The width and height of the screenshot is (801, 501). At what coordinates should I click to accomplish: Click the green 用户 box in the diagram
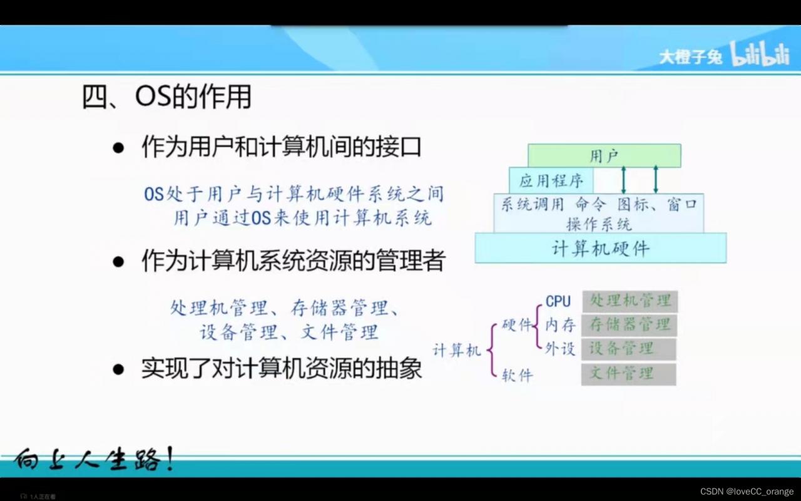coord(604,156)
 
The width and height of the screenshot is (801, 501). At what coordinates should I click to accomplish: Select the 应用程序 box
coord(551,181)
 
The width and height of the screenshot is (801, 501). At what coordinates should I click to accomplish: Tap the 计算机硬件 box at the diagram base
coord(600,249)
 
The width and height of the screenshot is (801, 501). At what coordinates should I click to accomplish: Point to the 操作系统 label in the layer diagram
coord(599,224)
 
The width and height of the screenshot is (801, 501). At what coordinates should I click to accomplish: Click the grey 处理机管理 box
coord(630,301)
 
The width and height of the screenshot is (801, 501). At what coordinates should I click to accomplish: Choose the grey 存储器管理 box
coord(630,325)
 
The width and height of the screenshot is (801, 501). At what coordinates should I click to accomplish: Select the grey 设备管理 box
coord(630,349)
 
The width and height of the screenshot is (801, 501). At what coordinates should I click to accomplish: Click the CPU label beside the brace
coord(558,301)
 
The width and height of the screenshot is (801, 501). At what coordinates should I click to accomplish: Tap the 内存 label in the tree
coord(560,325)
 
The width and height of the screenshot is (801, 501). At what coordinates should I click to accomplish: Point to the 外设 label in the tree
coord(560,349)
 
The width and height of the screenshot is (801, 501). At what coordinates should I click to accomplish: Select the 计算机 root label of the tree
coord(457,350)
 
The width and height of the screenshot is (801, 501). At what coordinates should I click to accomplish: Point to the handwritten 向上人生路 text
coord(94,461)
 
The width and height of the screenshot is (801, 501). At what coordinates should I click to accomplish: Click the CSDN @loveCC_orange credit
coord(747,492)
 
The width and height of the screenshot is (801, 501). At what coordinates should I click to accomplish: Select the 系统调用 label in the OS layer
coord(532,205)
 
